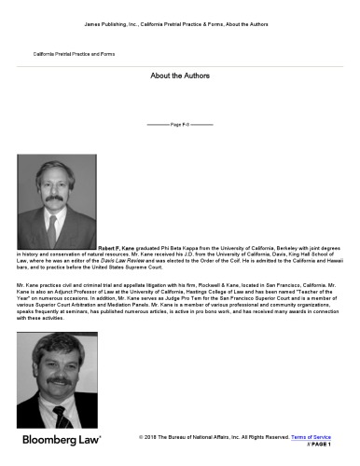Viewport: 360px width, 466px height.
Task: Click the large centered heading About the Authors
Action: coord(180,75)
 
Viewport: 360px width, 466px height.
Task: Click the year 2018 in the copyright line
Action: coord(154,436)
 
